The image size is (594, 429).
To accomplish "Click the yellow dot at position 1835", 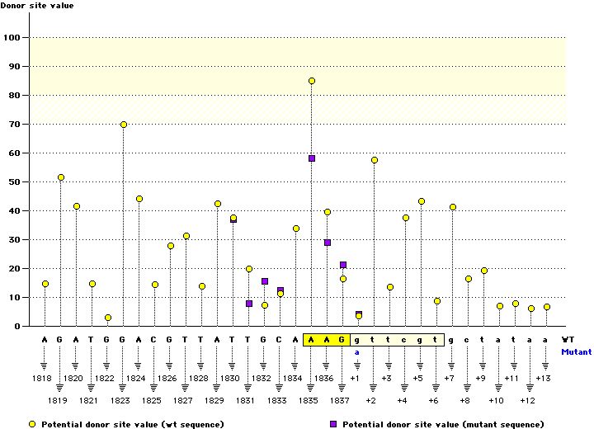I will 312,81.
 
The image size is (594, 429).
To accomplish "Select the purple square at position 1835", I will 312,158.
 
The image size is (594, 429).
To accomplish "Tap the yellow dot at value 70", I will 124,125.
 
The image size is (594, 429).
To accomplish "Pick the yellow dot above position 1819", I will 61,177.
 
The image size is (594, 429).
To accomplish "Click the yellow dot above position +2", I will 375,160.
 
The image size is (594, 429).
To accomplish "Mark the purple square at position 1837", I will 343,265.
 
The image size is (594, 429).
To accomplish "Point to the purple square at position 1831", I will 249,304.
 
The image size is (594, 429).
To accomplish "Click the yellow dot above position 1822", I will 108,318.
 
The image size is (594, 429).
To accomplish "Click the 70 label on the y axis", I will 13,124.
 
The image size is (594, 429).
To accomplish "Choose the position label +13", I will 543,378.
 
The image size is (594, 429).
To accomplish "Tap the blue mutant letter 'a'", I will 358,351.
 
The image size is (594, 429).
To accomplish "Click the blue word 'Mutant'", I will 577,351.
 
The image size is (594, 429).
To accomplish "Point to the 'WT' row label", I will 568,339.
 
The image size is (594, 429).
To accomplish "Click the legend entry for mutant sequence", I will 430,424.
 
